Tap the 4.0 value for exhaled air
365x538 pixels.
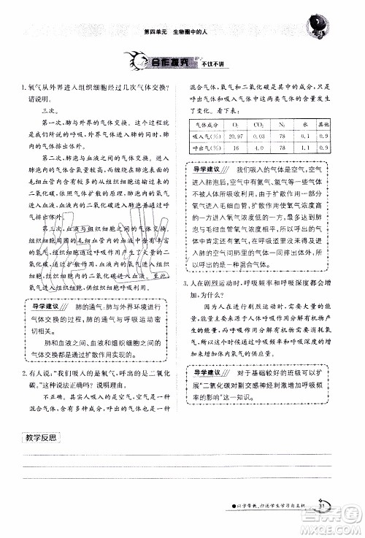point(258,147)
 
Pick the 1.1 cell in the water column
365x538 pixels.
point(305,147)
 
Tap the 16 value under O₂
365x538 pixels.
point(236,147)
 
